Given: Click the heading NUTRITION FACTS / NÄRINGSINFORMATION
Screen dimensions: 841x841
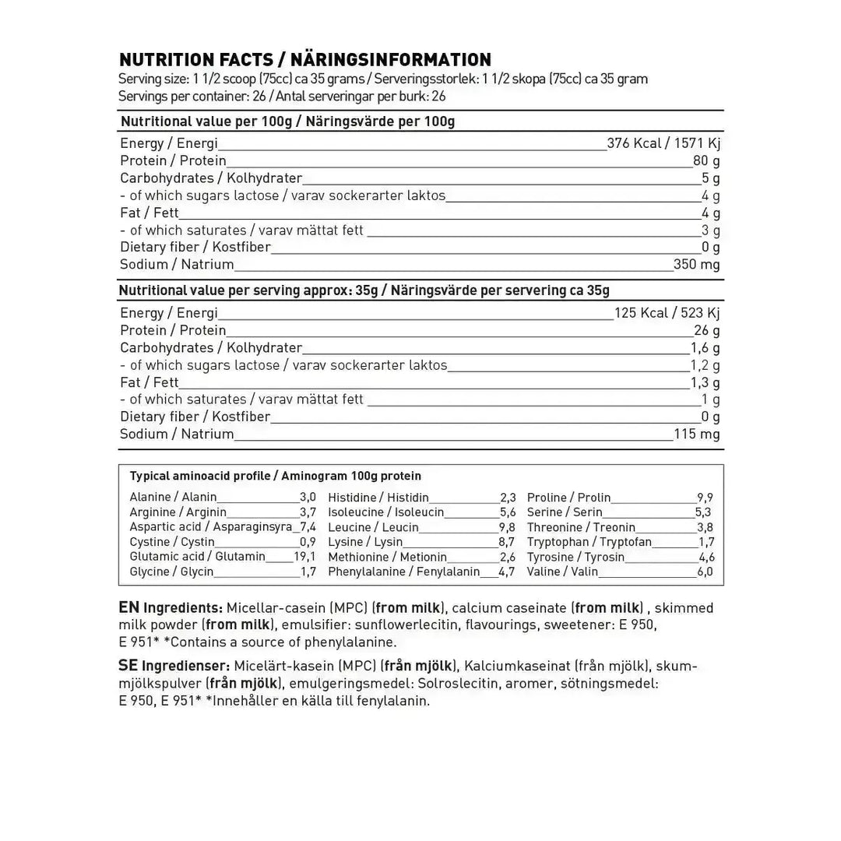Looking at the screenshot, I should (x=304, y=60).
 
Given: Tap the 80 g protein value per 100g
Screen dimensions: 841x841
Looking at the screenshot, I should (x=706, y=161).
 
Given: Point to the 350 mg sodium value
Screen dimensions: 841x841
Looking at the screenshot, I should (x=696, y=264).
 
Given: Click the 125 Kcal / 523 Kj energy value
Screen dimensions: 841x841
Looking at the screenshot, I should (x=667, y=313).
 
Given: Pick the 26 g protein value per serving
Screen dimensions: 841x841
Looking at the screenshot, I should (x=706, y=330).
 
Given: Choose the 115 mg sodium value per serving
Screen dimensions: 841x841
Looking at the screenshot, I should (x=696, y=434).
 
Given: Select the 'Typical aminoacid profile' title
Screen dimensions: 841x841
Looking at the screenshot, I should (x=200, y=476).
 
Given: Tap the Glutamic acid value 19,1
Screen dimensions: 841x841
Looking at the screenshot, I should (x=304, y=557).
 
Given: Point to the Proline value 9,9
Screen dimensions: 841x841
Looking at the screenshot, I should (x=706, y=498).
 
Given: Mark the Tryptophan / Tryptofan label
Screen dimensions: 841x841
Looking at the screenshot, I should (x=589, y=542).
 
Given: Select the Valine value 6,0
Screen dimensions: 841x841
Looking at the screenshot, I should (x=706, y=572).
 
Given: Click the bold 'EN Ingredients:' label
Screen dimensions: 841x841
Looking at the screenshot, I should (x=171, y=607).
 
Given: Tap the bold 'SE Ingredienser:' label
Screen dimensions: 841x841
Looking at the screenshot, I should (x=174, y=666).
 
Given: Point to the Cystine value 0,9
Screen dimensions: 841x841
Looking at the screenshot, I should (x=308, y=542).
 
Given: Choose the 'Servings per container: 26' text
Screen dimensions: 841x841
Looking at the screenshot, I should (x=184, y=96).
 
